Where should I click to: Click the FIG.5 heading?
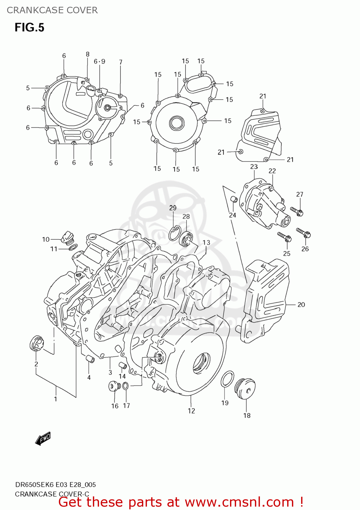click(x=29, y=27)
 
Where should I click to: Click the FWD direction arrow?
click(x=43, y=439)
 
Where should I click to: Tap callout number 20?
click(x=301, y=305)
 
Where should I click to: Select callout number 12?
click(x=191, y=411)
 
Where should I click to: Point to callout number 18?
click(x=247, y=415)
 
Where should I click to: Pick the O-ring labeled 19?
click(x=227, y=379)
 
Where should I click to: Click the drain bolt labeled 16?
click(x=114, y=387)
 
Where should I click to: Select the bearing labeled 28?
click(x=186, y=238)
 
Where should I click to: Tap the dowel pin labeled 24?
click(x=234, y=199)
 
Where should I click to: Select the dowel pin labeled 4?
click(x=89, y=359)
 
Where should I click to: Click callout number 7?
click(x=120, y=62)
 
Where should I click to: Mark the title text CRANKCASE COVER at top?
click(x=52, y=10)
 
